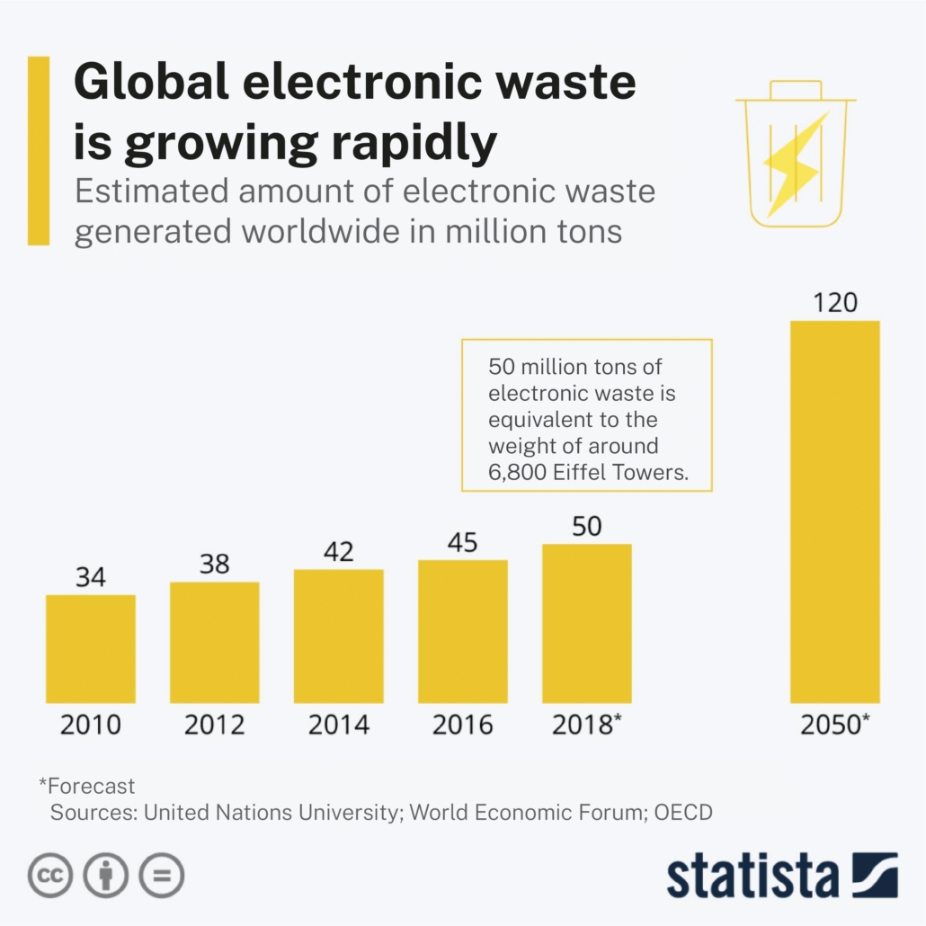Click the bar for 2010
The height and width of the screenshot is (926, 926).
pyautogui.click(x=91, y=648)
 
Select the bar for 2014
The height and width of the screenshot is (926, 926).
pyautogui.click(x=339, y=636)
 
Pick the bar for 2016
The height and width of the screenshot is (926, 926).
pyautogui.click(x=463, y=631)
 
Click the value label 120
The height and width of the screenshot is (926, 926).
pyautogui.click(x=834, y=303)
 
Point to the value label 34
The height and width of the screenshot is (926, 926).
pyautogui.click(x=90, y=577)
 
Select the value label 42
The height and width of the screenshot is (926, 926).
pyautogui.click(x=338, y=551)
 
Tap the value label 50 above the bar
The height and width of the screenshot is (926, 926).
pyautogui.click(x=586, y=526)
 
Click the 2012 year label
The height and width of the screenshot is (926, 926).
pyautogui.click(x=215, y=725)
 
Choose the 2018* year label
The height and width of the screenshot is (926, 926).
pyautogui.click(x=586, y=725)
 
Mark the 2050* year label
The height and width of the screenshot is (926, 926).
pyautogui.click(x=834, y=725)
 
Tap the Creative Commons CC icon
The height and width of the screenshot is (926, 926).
pyautogui.click(x=50, y=874)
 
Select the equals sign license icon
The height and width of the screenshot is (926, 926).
pyautogui.click(x=161, y=874)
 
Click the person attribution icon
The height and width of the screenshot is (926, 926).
pyautogui.click(x=106, y=874)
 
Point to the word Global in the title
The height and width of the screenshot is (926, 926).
pyautogui.click(x=156, y=84)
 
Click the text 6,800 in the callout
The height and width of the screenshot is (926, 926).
pyautogui.click(x=518, y=473)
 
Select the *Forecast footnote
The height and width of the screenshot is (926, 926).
pyautogui.click(x=86, y=786)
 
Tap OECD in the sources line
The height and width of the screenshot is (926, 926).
pyautogui.click(x=683, y=813)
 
